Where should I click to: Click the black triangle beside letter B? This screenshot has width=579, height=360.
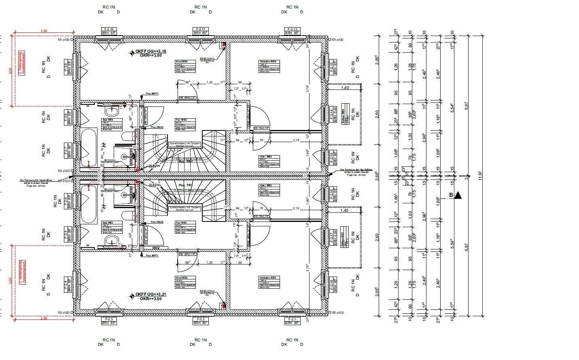(x=458, y=196)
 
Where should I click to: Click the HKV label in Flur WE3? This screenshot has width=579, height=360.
(x=156, y=248)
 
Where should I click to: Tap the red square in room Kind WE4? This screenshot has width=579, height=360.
(x=223, y=45)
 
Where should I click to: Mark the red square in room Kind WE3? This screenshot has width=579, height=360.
(x=223, y=307)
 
